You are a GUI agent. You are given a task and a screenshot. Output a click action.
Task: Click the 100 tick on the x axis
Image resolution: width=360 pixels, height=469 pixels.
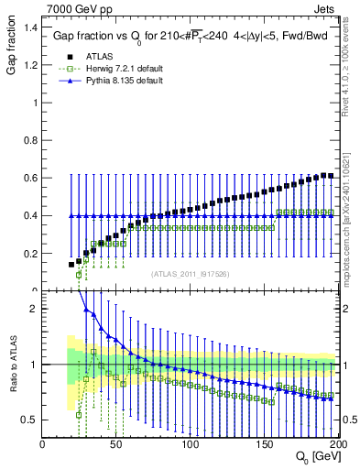(x=191, y=443)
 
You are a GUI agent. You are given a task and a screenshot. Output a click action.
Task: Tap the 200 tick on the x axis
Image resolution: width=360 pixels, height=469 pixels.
(x=338, y=443)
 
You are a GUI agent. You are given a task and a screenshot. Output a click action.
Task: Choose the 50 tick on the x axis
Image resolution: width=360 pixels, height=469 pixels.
(x=116, y=443)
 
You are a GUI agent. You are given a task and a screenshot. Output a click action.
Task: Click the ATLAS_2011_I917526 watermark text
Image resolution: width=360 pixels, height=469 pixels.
(x=190, y=273)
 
